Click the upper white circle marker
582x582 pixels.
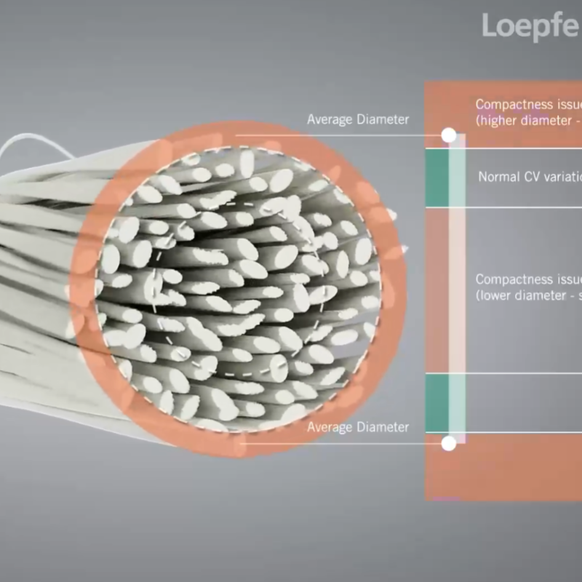coord(449,135)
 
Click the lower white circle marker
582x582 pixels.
coord(449,442)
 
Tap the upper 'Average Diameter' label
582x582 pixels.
coord(357,119)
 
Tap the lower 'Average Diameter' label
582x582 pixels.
coord(357,427)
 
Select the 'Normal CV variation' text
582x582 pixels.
coord(530,177)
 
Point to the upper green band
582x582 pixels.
coord(436,178)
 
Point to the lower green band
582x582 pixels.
coord(436,402)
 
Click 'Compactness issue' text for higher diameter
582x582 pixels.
coord(528,105)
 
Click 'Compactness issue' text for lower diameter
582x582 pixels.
coord(528,279)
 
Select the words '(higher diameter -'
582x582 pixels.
coord(524,121)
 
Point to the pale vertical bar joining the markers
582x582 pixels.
coord(457,291)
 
